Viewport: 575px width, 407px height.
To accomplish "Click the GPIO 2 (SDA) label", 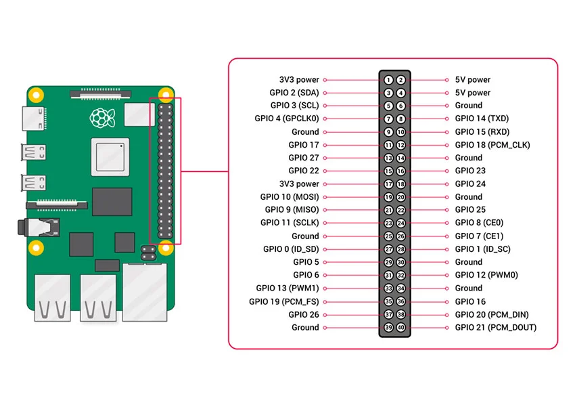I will click(294, 93).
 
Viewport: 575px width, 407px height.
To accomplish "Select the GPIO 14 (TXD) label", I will click(482, 119).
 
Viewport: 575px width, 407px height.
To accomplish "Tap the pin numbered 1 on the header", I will click(388, 80).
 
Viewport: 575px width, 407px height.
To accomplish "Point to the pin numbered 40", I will click(400, 328).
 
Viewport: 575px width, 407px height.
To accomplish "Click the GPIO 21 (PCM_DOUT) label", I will click(495, 328).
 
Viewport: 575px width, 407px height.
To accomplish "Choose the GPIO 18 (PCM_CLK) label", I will click(492, 145).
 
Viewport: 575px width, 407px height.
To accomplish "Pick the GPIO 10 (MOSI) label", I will click(290, 197).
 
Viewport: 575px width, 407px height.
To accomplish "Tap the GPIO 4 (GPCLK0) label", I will click(286, 119).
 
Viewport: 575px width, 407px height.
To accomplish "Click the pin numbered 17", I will click(388, 184).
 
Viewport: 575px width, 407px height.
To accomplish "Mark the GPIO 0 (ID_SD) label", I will click(291, 249).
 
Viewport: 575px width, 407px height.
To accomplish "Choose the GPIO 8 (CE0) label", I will click(479, 223).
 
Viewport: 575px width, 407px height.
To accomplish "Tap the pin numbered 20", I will click(400, 197).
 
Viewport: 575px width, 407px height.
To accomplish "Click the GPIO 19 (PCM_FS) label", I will click(283, 301).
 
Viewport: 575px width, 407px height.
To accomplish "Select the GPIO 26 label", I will click(303, 314).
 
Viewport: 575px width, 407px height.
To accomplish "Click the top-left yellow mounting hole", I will click(38, 94).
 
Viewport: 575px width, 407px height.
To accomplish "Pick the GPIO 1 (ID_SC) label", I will click(482, 249).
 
